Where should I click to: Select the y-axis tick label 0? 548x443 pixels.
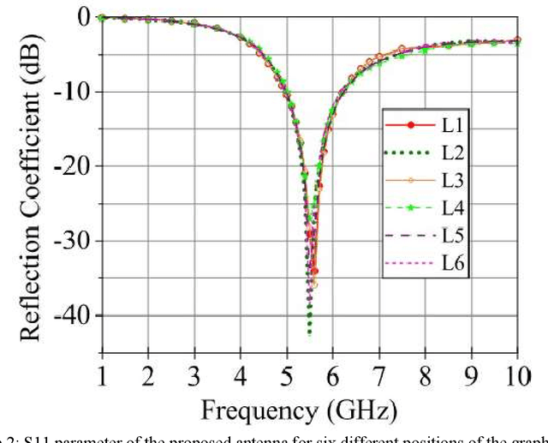coord(82,17)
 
